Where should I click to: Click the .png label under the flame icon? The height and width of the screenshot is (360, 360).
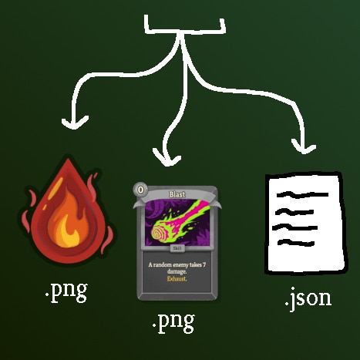point(66,292)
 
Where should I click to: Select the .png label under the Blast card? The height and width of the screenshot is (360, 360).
point(173,323)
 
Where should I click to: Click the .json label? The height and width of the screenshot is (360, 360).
point(308,299)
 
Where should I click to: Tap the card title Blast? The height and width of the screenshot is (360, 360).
point(177,194)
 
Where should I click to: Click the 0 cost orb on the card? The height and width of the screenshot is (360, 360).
point(140,190)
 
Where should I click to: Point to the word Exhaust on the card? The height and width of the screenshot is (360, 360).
point(177,279)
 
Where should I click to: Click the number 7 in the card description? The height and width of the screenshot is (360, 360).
point(204,264)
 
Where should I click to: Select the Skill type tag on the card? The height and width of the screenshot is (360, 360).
point(177,248)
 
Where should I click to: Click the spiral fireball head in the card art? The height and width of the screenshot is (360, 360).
point(159,233)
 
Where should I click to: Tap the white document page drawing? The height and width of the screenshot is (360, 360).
point(306,223)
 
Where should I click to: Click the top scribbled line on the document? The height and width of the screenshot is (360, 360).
point(302,194)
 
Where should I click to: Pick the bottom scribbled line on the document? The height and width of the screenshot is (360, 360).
point(296,242)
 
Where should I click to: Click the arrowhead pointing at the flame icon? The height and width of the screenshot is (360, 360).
point(75,123)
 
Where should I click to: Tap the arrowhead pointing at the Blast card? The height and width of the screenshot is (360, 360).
point(167,157)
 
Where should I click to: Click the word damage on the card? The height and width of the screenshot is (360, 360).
point(177,272)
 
